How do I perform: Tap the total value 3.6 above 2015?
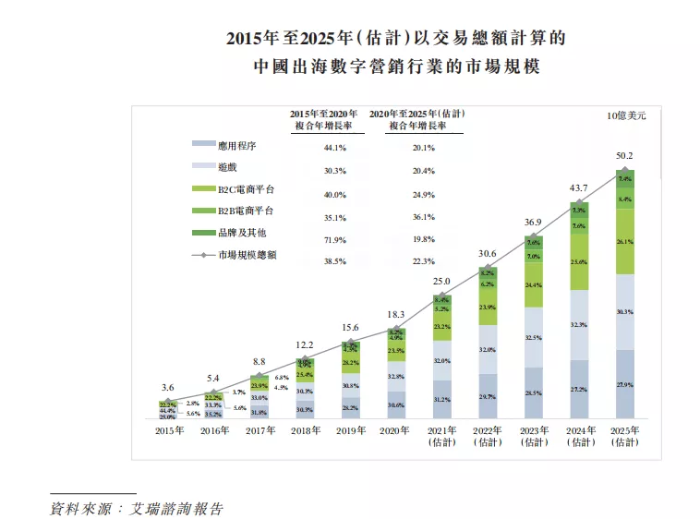click(x=166, y=387)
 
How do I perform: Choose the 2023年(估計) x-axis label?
click(x=533, y=437)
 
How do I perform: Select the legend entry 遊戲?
click(x=227, y=168)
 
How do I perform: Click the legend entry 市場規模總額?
click(x=245, y=254)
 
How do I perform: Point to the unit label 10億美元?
click(x=627, y=115)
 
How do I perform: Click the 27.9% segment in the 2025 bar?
click(x=625, y=384)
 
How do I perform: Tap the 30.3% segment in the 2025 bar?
click(x=625, y=312)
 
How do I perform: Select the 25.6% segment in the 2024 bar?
click(x=579, y=262)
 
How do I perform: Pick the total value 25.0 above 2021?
click(x=441, y=281)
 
